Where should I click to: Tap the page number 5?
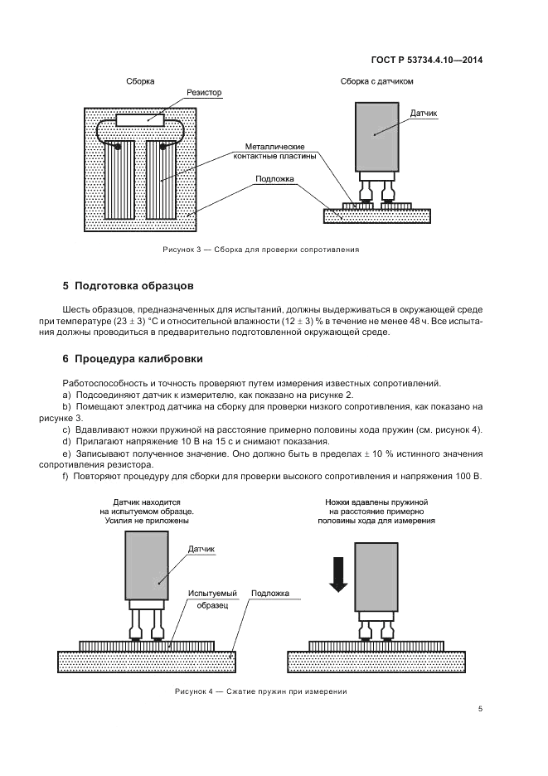[481, 709]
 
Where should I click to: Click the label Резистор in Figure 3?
[204, 93]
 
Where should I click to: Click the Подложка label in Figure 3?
[274, 178]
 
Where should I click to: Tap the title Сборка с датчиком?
[376, 81]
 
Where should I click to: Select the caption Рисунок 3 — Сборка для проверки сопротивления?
[259, 250]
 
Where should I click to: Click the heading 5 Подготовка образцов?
[128, 286]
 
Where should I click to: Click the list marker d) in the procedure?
[67, 441]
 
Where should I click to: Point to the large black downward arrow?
[337, 575]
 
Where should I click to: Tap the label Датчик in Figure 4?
[201, 549]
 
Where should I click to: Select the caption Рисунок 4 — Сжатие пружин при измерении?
[259, 691]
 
